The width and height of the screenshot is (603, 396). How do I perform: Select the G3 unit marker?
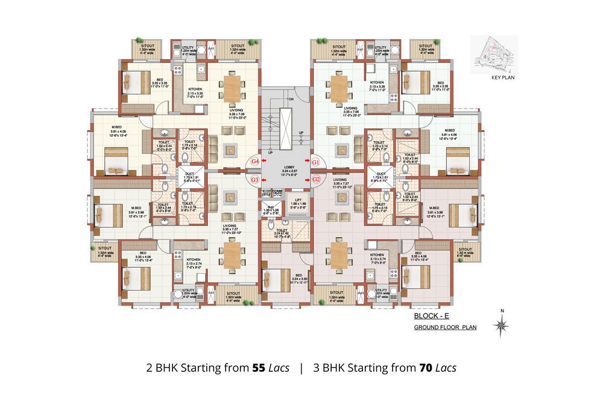tap(255, 180)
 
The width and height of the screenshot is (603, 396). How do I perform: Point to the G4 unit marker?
tap(255, 162)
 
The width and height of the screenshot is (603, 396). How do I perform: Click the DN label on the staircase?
tap(292, 99)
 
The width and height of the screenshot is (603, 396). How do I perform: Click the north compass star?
tap(500, 326)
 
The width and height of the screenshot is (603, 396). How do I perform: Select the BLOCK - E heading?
tap(429, 316)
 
